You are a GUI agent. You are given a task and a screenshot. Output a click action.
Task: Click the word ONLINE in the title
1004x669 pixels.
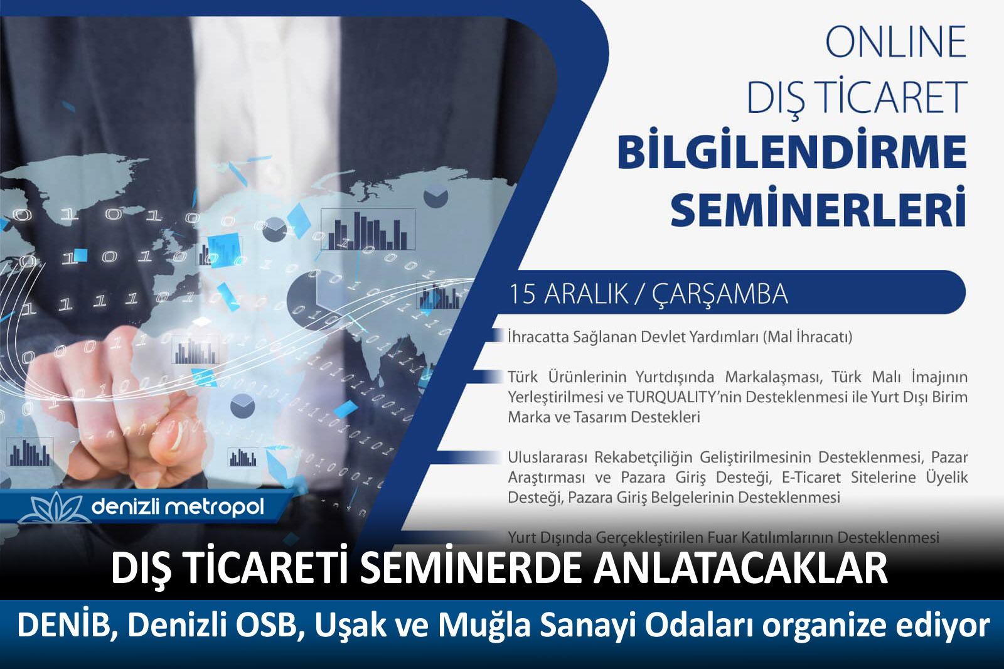point(895,41)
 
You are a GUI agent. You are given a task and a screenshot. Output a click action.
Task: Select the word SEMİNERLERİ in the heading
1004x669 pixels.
point(818,208)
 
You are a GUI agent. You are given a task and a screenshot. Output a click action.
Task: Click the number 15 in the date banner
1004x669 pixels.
point(523,294)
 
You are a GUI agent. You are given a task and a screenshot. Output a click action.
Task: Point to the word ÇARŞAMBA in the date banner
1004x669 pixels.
point(720,296)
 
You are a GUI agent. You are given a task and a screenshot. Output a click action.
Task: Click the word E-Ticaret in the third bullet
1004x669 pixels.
point(811,478)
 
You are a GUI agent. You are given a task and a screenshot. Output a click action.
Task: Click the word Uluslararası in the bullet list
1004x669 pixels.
point(547,458)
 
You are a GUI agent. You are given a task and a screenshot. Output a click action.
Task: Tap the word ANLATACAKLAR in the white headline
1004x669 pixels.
point(740,568)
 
